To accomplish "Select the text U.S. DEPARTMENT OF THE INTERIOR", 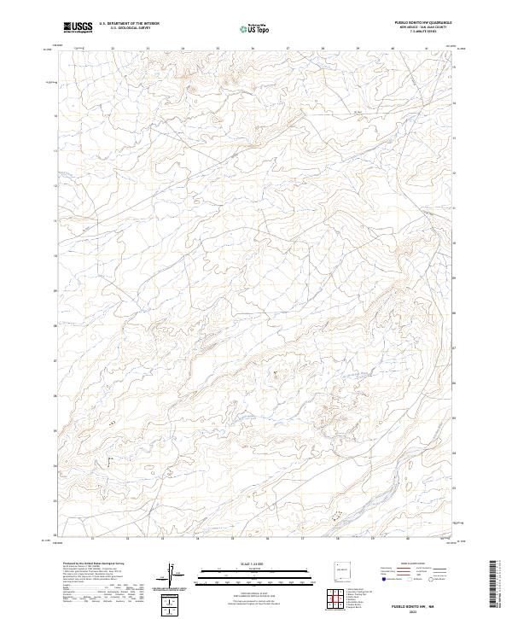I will [x=129, y=24].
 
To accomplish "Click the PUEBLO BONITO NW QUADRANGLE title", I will [x=423, y=23].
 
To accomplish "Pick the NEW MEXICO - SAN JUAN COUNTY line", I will [x=423, y=28].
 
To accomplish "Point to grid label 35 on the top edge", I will [x=218, y=49].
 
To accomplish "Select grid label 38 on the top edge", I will [x=323, y=49].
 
